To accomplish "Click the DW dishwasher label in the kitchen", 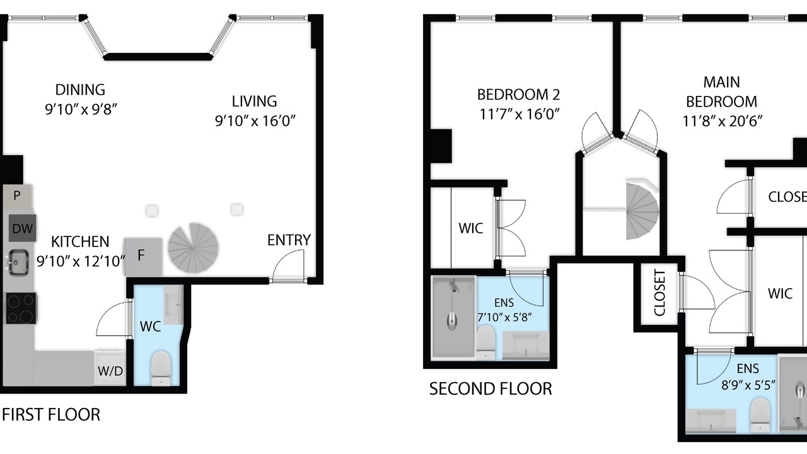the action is pos(22,228).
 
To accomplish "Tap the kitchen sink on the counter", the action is pos(16,262).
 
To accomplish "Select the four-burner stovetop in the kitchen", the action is pos(21,308).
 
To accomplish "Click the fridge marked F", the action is pos(143,257).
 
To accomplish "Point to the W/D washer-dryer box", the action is pos(110,367).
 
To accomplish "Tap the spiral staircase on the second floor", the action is pos(642,211).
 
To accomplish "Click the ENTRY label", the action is pos(289,240).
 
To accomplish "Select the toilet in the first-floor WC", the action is pos(160,368).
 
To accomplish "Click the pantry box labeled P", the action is pos(16,196).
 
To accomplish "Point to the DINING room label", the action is pos(80,90).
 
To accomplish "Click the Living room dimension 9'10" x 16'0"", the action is pos(255,120).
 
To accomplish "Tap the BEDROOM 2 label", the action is pos(518,95).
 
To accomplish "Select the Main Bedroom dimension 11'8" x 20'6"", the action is pos(723,121).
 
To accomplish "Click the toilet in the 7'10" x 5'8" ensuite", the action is pos(485,342).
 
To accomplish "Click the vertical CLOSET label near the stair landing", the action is pos(659,293).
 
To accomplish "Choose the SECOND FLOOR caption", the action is pos(491,389).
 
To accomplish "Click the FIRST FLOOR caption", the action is pos(51,415).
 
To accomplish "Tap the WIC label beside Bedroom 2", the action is pos(471,228).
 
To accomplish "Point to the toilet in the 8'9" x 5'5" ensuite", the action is pos(760,414).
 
